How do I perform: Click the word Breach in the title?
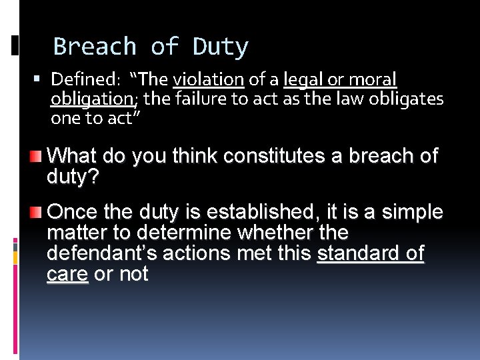[94, 47]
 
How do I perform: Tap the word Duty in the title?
[221, 47]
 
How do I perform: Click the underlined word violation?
[208, 80]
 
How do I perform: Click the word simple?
[412, 212]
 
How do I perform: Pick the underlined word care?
[67, 274]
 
